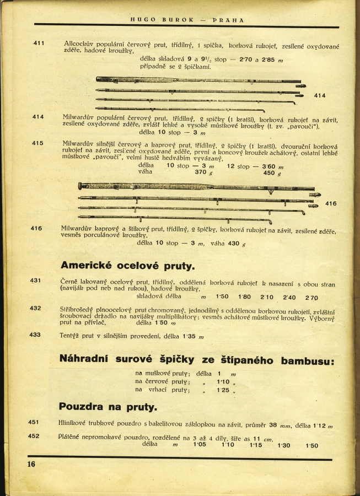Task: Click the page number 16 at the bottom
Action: (31, 464)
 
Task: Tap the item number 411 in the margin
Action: (39, 43)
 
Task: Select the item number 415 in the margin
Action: (37, 143)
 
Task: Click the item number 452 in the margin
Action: (34, 436)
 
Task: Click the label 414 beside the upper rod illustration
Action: (320, 96)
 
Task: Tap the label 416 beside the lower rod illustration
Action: (330, 204)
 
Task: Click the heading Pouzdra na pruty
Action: (108, 407)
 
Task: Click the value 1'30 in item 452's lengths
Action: (284, 445)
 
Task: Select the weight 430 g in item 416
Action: (237, 244)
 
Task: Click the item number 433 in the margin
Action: (35, 334)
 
